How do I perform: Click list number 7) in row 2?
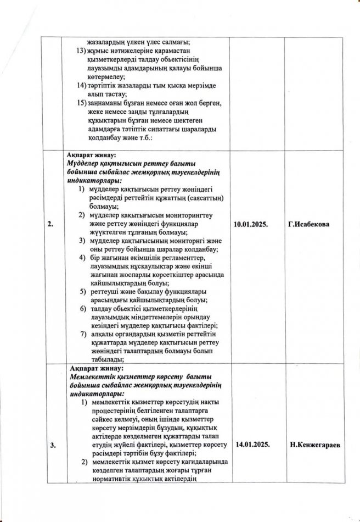pyautogui.click(x=81, y=334)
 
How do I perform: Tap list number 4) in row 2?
pyautogui.click(x=81, y=258)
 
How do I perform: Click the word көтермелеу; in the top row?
pyautogui.click(x=105, y=77)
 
